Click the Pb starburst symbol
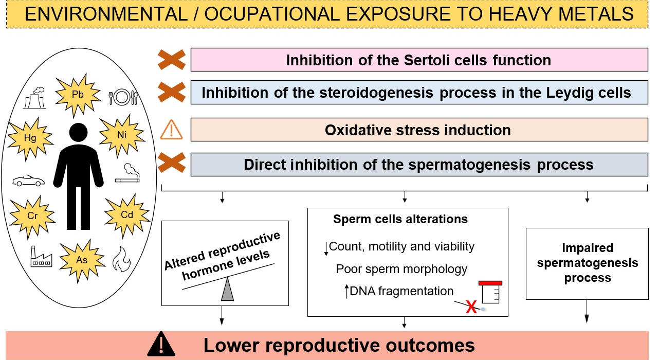[x=78, y=95]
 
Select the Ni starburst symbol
[x=122, y=135]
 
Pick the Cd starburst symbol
[x=127, y=215]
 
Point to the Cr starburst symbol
[x=32, y=217]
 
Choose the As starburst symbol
[x=82, y=260]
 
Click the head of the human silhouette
[x=79, y=133]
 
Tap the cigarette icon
[x=127, y=173]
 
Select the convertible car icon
[x=28, y=181]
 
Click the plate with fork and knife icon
[x=123, y=97]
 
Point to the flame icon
[x=122, y=259]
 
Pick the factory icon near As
[x=41, y=256]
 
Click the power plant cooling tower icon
[x=35, y=98]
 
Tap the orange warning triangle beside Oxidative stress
[x=171, y=130]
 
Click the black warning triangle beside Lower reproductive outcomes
[x=161, y=344]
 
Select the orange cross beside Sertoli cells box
[x=172, y=60]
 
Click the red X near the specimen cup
[x=471, y=307]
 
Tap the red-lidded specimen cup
[x=490, y=292]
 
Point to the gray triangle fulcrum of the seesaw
[x=227, y=289]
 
